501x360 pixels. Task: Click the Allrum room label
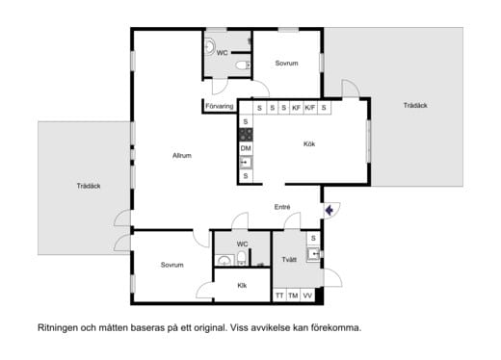pos(182,156)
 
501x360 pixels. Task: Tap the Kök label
pos(309,144)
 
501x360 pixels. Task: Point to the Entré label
pos(282,207)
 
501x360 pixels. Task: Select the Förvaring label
pos(220,106)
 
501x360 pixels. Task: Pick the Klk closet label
pos(243,285)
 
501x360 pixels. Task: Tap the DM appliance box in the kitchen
pos(246,148)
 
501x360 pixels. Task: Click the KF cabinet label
pos(297,108)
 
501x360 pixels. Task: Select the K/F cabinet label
pos(310,108)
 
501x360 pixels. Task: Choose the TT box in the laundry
pos(279,296)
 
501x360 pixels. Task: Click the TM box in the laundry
pos(293,296)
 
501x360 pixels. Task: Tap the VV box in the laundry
pos(307,296)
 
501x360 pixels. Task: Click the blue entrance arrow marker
pos(329,208)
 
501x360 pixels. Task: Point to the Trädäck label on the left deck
pos(89,186)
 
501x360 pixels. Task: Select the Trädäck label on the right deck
pos(416,106)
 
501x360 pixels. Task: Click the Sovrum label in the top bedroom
pos(286,64)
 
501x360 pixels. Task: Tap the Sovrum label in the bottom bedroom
pos(171,265)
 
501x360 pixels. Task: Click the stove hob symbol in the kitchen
pos(246,135)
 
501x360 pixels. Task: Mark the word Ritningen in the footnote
pos(61,327)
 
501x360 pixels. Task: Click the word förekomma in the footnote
pos(333,327)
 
